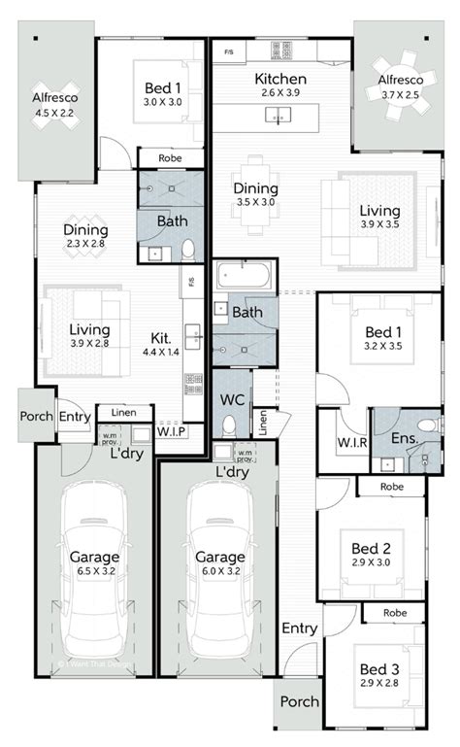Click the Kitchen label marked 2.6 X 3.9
coord(280,79)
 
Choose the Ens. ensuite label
coord(405,438)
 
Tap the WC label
coord(231,400)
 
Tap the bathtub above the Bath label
coord(245,276)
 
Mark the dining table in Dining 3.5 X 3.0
coord(256,194)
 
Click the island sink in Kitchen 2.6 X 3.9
coord(279,116)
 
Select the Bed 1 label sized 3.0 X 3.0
coord(163,87)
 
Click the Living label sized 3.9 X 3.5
coord(380,210)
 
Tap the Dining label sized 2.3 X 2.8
coord(85,230)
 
